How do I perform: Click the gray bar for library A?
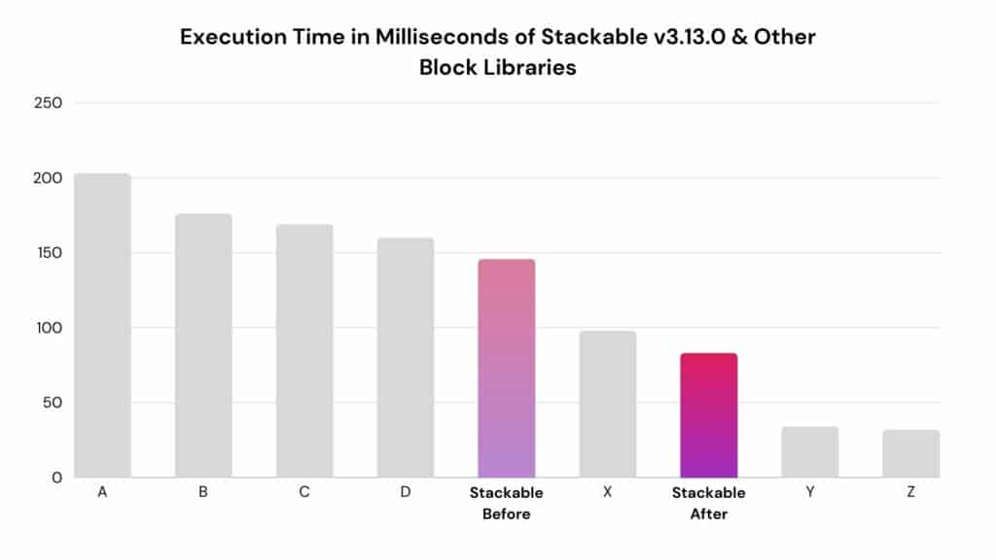tap(102, 325)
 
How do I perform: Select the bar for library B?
tap(203, 345)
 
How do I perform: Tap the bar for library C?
tap(304, 350)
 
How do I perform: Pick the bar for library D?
tap(406, 358)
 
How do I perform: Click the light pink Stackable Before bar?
tap(506, 368)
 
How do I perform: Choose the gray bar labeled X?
tap(607, 403)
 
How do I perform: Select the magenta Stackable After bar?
tap(709, 415)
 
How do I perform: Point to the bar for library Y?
tap(810, 452)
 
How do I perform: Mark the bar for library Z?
tap(910, 453)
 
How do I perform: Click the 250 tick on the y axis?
tap(49, 103)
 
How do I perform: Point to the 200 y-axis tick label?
tap(49, 178)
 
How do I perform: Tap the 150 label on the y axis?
tap(50, 253)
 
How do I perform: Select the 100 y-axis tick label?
tap(50, 328)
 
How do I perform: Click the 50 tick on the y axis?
tap(53, 402)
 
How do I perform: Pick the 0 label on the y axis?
tap(57, 477)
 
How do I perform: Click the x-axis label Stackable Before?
tap(506, 503)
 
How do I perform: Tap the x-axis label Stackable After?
tap(709, 503)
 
